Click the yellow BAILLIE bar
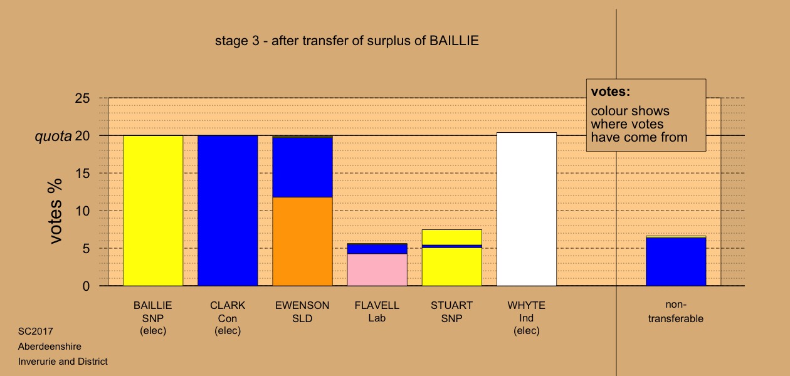[153, 211]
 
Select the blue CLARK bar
[228, 211]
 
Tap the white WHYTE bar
[527, 209]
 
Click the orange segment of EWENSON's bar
[303, 241]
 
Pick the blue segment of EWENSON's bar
[303, 167]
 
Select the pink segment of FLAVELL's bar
[377, 269]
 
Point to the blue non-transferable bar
[676, 262]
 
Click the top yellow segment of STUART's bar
[452, 237]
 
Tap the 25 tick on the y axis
[82, 98]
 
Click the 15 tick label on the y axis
[82, 174]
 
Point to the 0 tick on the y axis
[86, 286]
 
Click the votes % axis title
[55, 211]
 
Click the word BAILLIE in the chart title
[454, 41]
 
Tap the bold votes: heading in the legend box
[611, 91]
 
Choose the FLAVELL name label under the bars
[377, 305]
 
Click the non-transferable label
[676, 311]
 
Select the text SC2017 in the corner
[36, 332]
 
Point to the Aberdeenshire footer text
[50, 347]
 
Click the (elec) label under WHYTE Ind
[527, 331]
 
